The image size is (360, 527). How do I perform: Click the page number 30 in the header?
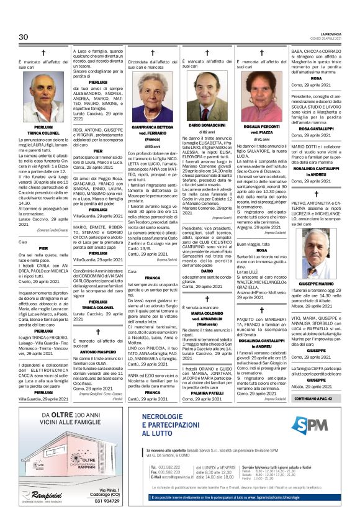point(24,37)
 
